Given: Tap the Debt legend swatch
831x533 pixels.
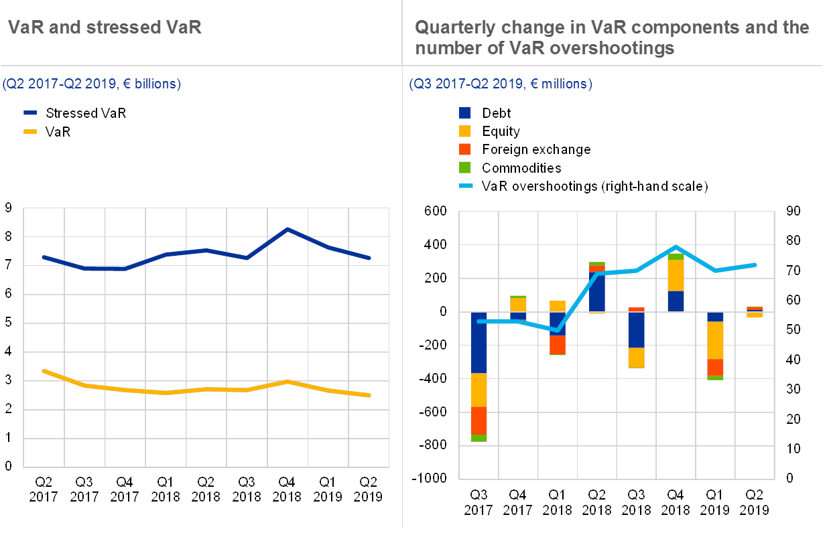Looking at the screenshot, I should [465, 113].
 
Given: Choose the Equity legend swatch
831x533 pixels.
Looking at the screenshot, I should [465, 132].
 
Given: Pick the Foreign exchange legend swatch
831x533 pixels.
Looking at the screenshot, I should [465, 149].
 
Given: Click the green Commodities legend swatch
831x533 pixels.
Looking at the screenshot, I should [465, 167].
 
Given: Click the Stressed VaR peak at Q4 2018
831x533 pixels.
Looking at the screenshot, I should [287, 230].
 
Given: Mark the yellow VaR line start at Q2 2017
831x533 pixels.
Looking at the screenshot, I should [44, 370].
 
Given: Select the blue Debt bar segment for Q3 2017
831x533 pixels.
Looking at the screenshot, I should [478, 342].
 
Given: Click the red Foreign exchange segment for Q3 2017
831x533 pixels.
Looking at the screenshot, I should [478, 421].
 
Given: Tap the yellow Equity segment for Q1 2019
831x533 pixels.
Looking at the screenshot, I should [716, 340].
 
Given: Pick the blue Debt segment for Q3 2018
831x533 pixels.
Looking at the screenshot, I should [637, 330].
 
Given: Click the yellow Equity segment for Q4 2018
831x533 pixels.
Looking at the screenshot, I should [676, 275].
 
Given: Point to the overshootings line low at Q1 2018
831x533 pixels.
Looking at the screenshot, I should [558, 330].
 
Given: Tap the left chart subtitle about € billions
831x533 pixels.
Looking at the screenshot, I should [91, 84].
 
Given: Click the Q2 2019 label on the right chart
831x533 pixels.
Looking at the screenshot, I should [755, 502].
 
